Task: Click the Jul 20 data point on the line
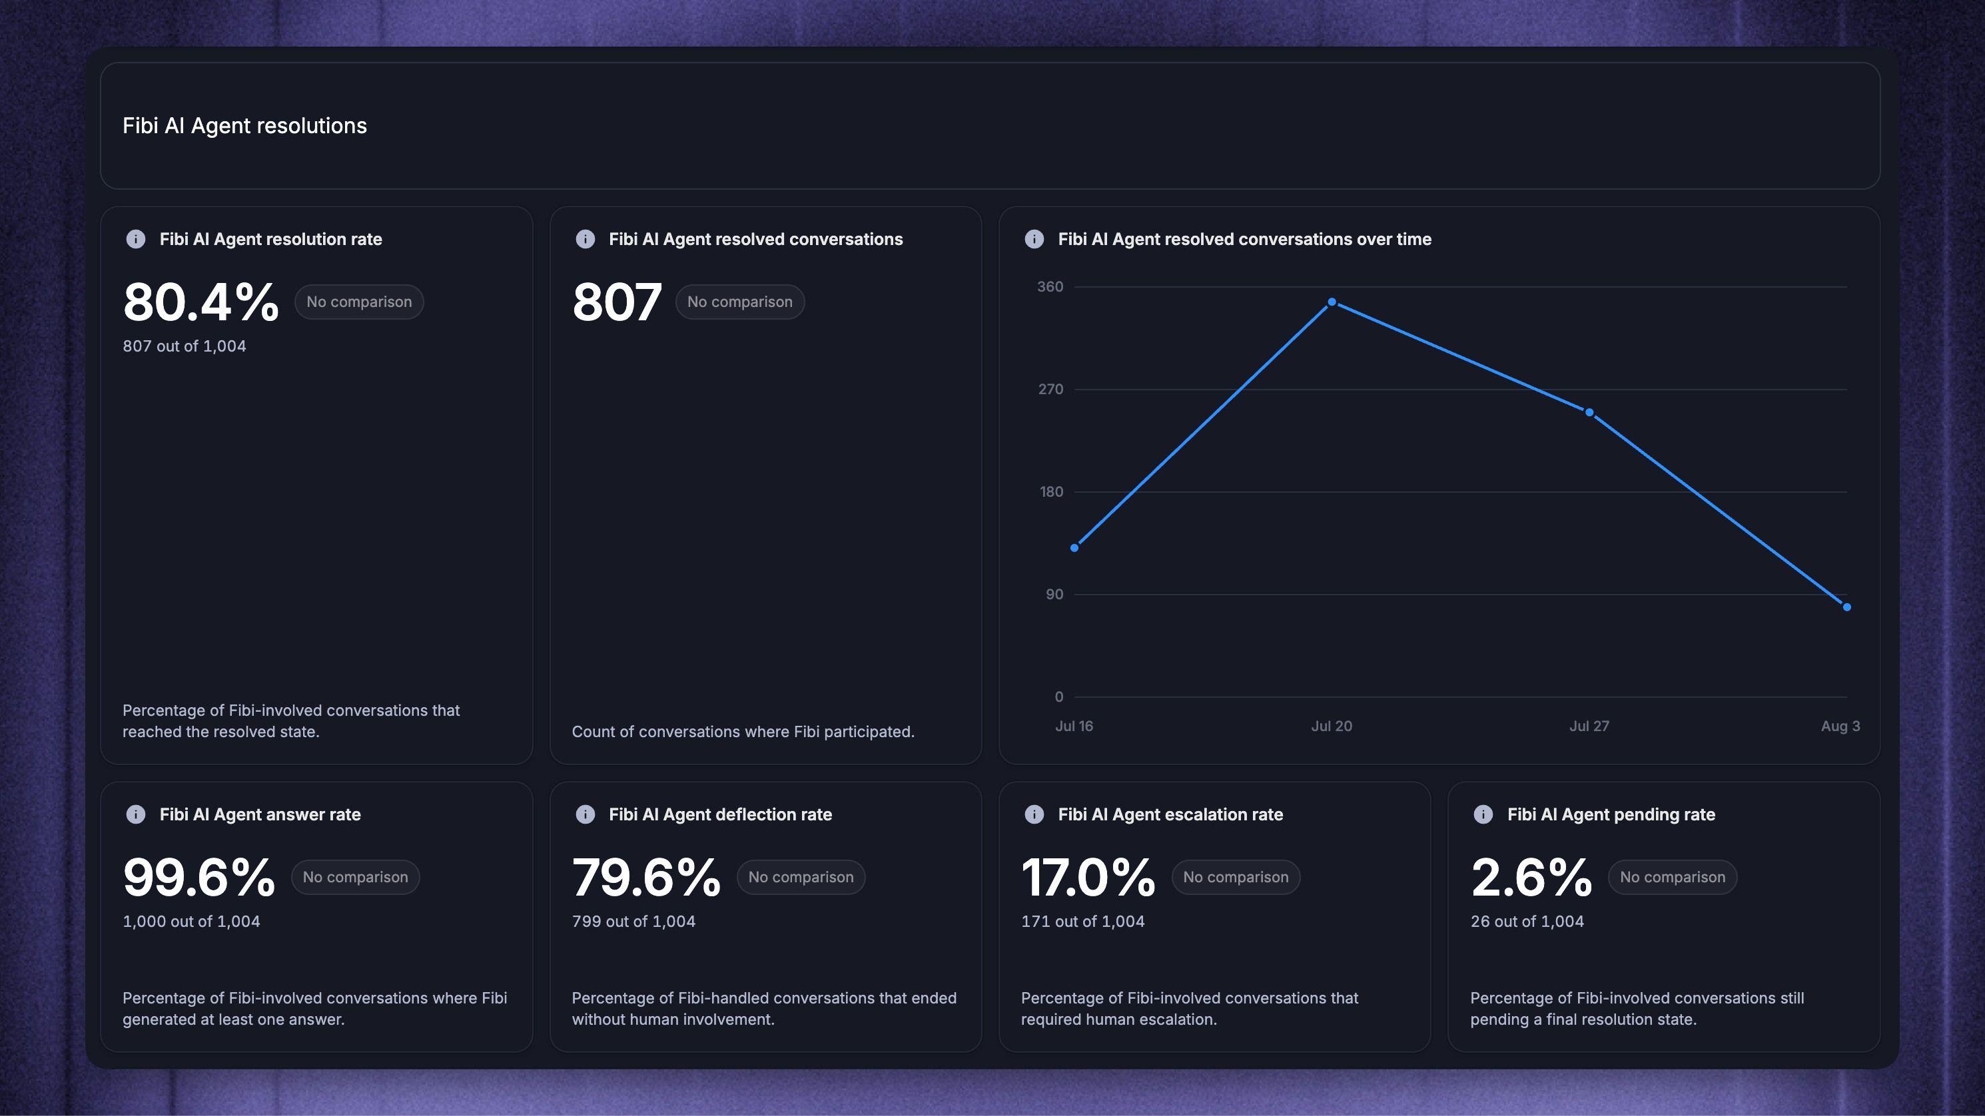point(1332,302)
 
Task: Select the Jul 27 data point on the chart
point(1589,413)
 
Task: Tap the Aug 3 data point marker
point(1846,607)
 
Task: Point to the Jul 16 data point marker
point(1074,547)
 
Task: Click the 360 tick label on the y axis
point(1050,286)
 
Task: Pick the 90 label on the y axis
point(1054,594)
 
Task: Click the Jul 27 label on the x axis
point(1589,726)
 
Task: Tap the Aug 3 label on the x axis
point(1840,726)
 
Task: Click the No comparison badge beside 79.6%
point(801,877)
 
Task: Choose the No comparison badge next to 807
point(740,302)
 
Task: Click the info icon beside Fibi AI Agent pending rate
point(1483,814)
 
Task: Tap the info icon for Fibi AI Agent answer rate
point(136,814)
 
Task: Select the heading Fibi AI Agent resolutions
point(244,126)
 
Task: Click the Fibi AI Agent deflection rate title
point(719,814)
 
